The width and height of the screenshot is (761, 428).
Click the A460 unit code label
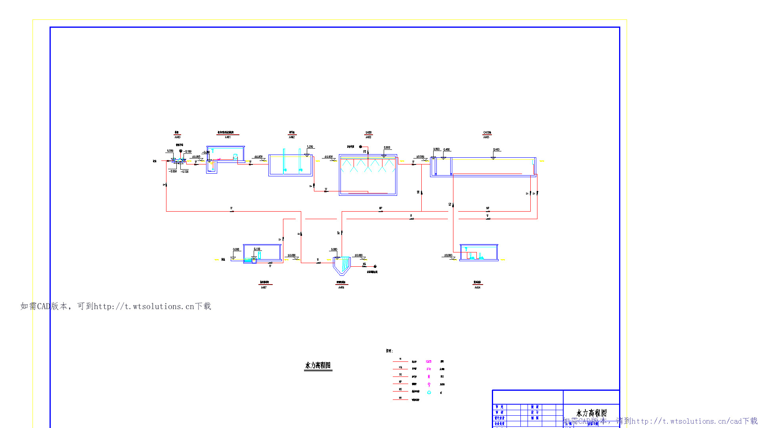click(177, 137)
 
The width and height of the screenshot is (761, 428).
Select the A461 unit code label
click(228, 137)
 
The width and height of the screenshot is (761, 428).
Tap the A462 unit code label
click(292, 137)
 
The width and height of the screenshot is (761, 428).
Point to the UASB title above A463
click(368, 133)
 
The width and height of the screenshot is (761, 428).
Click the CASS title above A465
click(487, 133)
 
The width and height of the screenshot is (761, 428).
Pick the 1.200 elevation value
click(310, 147)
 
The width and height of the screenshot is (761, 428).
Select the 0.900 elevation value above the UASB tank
click(387, 148)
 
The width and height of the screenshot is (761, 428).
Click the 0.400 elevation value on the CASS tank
click(496, 150)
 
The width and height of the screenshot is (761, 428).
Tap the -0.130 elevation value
click(185, 172)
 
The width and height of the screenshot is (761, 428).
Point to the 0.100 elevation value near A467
click(257, 249)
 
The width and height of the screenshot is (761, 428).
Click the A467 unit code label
click(264, 287)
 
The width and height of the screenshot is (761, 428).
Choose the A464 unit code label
click(478, 287)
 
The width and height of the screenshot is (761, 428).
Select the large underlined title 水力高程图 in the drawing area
click(318, 365)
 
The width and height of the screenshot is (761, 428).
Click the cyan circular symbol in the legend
click(429, 392)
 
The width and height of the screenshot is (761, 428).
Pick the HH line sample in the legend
click(400, 399)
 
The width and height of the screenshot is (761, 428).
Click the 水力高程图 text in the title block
click(591, 413)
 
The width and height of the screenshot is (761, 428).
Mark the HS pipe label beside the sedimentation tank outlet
click(364, 264)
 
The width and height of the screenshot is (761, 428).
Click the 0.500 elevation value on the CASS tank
click(436, 149)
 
